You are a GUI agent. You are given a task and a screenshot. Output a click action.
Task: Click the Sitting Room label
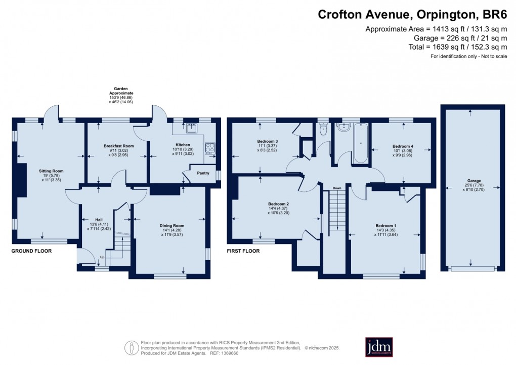pos(48,171)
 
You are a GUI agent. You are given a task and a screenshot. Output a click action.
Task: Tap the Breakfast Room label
pos(111,146)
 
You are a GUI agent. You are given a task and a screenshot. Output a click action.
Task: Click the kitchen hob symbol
pos(209,148)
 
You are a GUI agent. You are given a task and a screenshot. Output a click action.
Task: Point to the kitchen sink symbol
pos(191,128)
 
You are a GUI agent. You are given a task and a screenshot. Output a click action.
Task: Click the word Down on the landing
pos(336,188)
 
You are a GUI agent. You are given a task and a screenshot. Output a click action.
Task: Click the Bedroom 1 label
pos(385,225)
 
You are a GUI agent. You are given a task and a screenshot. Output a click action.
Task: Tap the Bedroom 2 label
pos(278,204)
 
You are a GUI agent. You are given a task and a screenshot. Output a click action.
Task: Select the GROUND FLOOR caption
pos(31,251)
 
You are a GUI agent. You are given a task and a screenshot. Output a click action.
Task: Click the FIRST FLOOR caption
pos(243,251)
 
